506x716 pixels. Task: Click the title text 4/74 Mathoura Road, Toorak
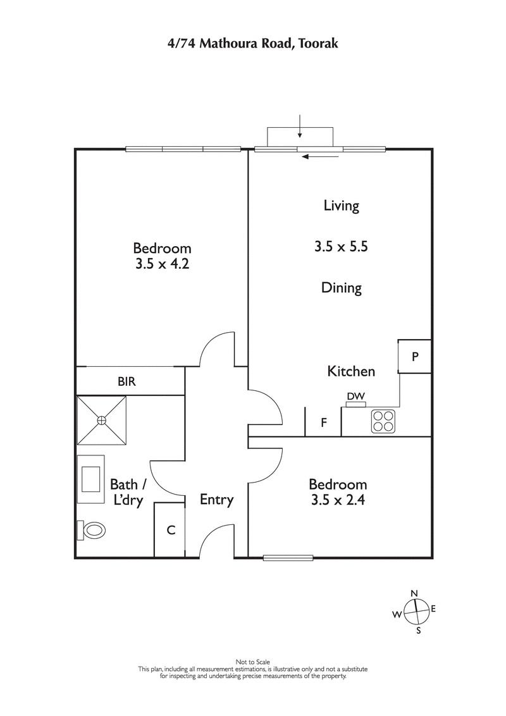point(252,44)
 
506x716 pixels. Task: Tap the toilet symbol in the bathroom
point(93,530)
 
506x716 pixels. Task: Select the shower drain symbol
point(101,420)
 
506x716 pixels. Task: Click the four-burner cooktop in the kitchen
point(382,421)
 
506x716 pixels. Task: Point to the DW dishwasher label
point(355,397)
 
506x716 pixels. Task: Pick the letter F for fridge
point(323,423)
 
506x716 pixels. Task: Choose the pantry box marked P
point(415,357)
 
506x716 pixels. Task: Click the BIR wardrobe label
point(126,382)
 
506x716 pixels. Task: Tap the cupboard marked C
point(170,531)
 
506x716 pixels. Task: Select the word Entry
point(216,500)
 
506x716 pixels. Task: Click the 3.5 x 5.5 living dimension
point(342,247)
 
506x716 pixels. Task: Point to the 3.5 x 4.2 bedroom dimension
point(162,264)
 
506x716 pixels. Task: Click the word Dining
point(342,288)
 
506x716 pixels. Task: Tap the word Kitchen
point(351,371)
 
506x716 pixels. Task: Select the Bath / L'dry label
point(128,492)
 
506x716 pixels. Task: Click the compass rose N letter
point(414,593)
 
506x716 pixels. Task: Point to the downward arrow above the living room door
point(300,127)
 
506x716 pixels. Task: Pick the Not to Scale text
point(252,662)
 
